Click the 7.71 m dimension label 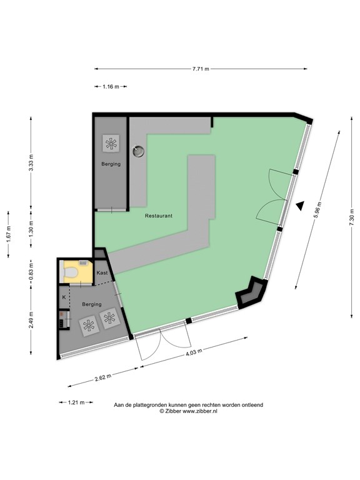(201, 69)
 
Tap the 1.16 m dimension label (111, 87)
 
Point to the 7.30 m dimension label (351, 217)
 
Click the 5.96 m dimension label (317, 210)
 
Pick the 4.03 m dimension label (194, 352)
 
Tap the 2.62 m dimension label (103, 377)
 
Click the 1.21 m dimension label (76, 402)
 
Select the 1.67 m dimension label (9, 234)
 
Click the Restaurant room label (159, 216)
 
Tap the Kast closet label (102, 272)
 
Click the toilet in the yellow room (70, 271)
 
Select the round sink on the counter (138, 151)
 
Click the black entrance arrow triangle (300, 206)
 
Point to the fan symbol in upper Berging (111, 143)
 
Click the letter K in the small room (64, 297)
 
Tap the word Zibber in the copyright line (173, 411)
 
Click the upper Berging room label (111, 164)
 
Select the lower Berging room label (92, 304)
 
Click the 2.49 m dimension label (31, 319)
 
